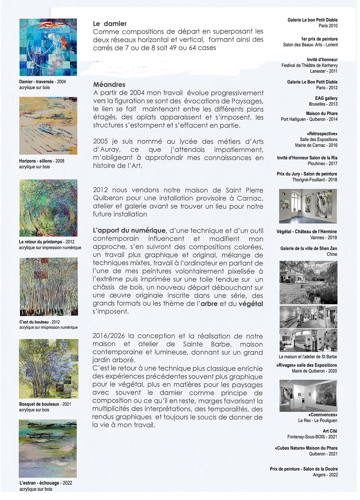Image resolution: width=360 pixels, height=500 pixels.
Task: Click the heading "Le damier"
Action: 110,24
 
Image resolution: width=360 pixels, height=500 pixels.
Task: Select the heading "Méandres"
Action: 109,84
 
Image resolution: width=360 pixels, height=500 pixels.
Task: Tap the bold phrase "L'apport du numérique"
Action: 129,231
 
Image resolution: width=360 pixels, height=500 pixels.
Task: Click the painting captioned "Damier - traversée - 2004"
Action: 48,47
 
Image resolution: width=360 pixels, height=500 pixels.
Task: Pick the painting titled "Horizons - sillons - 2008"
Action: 48,126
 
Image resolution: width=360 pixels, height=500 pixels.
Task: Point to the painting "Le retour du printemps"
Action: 48,208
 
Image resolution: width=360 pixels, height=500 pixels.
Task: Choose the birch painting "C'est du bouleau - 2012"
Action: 48,287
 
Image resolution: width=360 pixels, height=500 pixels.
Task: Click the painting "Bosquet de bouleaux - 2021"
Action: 48,369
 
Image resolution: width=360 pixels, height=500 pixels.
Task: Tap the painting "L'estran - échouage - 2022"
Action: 48,449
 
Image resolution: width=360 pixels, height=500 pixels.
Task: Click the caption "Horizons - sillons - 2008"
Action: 42,161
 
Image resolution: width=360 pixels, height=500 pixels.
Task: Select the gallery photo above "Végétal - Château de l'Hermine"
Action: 308,206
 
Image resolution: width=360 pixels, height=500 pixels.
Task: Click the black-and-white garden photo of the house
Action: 308,283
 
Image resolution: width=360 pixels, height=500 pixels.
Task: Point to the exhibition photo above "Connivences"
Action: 308,396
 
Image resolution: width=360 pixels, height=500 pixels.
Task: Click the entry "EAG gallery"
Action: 326,98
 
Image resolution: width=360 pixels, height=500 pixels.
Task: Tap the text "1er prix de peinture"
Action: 319,39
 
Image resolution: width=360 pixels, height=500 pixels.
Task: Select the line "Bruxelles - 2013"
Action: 323,104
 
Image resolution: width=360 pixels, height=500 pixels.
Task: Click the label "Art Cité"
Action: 330,431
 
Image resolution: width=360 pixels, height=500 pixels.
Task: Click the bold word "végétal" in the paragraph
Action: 251,304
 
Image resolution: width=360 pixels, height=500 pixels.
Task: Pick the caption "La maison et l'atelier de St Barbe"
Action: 308,357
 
